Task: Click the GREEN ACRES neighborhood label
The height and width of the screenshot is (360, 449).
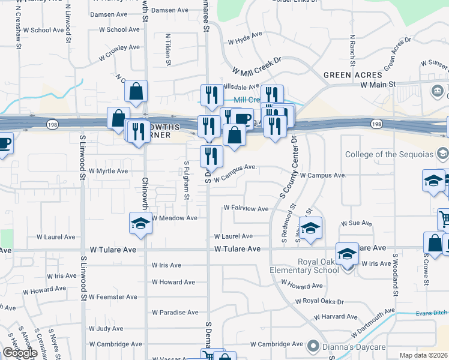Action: pyautogui.click(x=352, y=75)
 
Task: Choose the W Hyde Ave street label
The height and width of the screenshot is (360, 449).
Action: pyautogui.click(x=246, y=41)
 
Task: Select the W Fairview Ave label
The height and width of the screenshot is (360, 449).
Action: pyautogui.click(x=246, y=208)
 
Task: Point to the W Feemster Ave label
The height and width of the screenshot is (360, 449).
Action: pyautogui.click(x=112, y=297)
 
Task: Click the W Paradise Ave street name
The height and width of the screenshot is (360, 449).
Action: pyautogui.click(x=175, y=313)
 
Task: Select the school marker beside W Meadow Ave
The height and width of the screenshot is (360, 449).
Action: pyautogui.click(x=140, y=224)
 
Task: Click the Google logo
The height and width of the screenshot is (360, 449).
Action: pyautogui.click(x=20, y=353)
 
